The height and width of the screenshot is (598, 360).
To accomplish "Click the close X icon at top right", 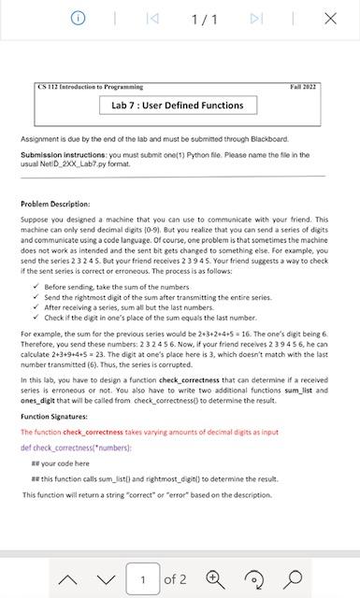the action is (330, 19).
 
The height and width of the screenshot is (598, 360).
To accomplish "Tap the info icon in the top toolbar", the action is (79, 19).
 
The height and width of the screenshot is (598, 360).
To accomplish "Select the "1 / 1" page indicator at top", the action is (205, 19).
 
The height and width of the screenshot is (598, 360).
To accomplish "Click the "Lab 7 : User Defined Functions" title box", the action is (178, 106).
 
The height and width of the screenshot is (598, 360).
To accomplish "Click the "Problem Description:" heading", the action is (55, 203).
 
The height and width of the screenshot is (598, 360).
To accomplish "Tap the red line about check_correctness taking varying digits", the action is (150, 432).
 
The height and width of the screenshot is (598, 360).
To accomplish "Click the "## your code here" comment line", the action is (60, 463).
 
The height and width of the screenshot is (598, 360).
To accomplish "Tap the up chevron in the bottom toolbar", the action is (68, 578).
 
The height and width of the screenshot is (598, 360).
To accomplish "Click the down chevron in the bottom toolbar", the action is (105, 578).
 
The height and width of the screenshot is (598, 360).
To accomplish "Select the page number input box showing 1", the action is (143, 578).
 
